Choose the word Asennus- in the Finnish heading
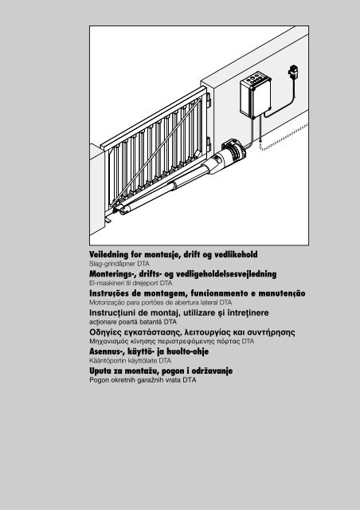coord(109,352)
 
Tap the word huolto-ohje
coord(196,352)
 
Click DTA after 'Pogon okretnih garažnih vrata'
coord(187,382)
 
